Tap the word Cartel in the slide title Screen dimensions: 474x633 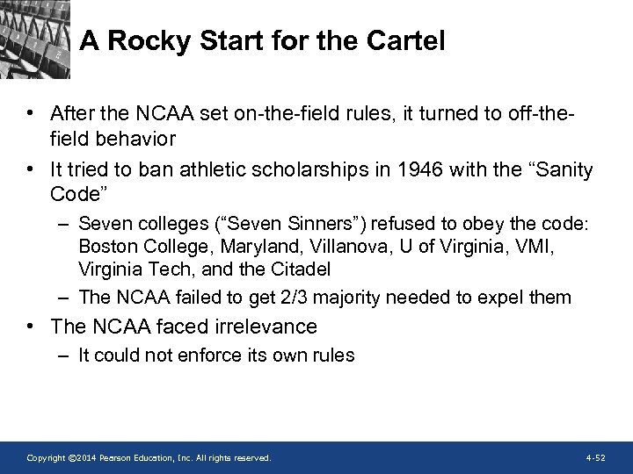pyautogui.click(x=411, y=40)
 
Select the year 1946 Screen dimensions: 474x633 pyautogui.click(x=387, y=169)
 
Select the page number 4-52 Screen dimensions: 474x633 pyautogui.click(x=594, y=458)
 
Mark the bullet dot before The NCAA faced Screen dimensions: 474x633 pyautogui.click(x=31, y=327)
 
